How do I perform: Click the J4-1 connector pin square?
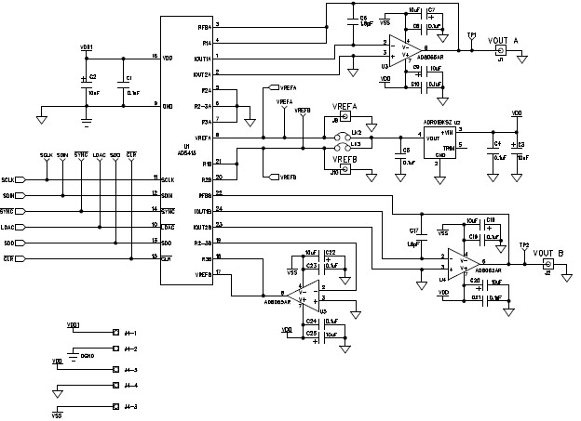115,332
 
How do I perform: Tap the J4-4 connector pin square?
115,385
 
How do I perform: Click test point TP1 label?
472,35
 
